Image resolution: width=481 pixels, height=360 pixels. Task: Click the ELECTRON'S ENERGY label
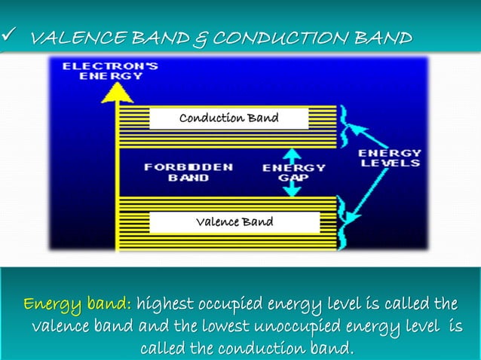coord(109,71)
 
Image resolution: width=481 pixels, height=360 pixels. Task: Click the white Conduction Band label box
coord(228,118)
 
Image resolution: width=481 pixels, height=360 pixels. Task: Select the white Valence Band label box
coord(234,222)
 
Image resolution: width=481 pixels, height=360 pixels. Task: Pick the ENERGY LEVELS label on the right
coord(390,158)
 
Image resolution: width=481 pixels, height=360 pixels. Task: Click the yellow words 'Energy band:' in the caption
coord(78,305)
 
